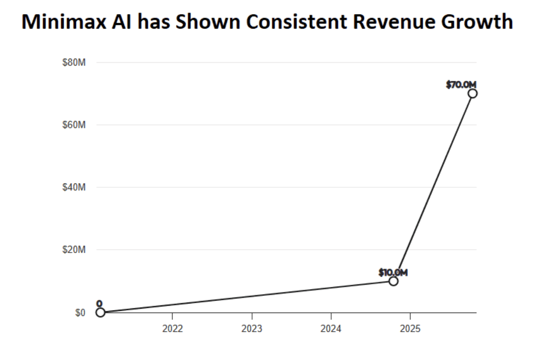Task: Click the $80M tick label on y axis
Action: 74,63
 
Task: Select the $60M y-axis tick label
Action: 74,125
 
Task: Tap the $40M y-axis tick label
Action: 74,187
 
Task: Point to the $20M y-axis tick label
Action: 74,250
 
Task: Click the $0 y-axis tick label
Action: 80,313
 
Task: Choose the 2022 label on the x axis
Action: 172,329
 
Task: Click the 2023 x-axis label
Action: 252,329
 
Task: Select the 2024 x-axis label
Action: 331,329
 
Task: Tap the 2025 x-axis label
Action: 410,329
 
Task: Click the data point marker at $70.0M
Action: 472,93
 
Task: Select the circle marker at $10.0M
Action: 393,281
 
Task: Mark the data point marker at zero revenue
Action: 100,313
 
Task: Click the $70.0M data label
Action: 461,85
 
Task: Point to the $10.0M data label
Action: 393,272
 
